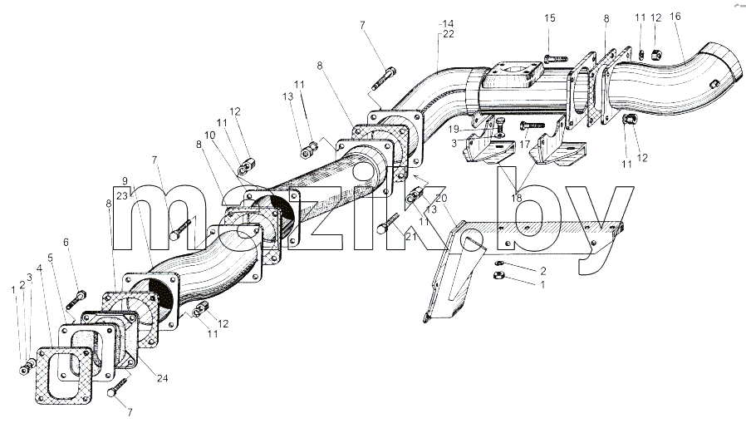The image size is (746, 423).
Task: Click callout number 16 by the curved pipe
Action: coord(675,17)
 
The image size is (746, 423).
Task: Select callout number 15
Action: coord(549,18)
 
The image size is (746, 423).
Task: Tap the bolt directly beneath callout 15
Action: coord(554,59)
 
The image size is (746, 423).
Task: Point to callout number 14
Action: coord(448,23)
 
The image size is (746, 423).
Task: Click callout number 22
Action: coord(448,34)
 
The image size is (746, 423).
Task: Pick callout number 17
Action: coord(524,144)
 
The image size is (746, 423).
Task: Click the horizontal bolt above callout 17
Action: coord(532,125)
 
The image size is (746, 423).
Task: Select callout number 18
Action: coord(516,198)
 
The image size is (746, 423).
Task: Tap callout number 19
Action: coord(454,130)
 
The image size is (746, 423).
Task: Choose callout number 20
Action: coord(441,198)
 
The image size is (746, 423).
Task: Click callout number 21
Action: coord(411,235)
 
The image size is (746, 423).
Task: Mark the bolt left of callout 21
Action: coord(389,224)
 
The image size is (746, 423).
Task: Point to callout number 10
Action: coord(210,135)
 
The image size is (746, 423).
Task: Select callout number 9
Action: coord(125,181)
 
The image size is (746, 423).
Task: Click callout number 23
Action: coord(122,195)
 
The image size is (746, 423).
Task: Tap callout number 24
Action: coord(163,379)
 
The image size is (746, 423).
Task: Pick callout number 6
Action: coord(66,242)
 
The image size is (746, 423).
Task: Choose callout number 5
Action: coord(50,258)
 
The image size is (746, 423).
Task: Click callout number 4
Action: coord(40,268)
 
